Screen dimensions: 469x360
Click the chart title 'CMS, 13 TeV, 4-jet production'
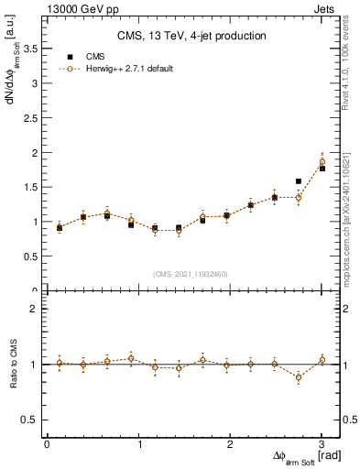point(191,36)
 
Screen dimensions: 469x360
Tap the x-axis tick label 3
point(322,444)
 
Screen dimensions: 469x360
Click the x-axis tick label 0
point(47,444)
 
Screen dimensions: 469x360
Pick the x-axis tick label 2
point(230,444)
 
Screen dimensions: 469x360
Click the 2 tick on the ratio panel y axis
point(36,310)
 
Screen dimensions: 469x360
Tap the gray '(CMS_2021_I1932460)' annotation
point(191,274)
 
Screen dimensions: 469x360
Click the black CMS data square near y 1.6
point(299,181)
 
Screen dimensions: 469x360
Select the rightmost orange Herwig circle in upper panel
point(322,162)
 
